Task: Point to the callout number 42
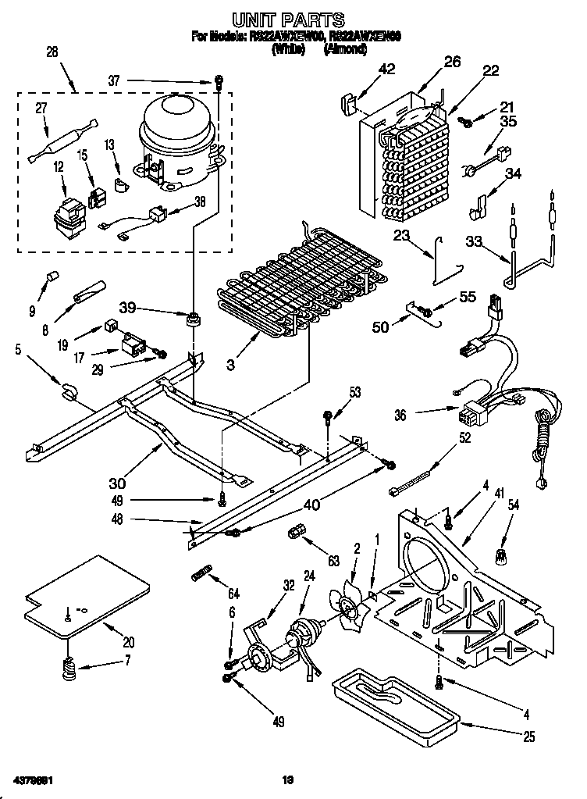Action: [386, 69]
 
